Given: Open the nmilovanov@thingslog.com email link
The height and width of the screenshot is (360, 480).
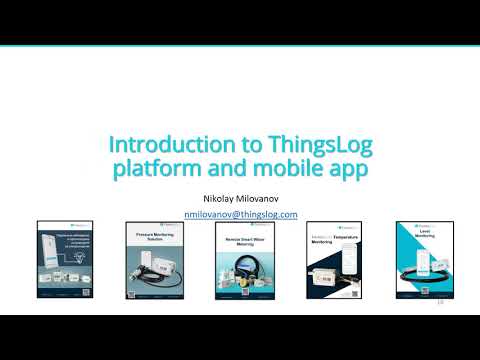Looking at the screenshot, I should [x=241, y=214].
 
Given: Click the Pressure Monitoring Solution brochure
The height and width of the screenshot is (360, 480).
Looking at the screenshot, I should [x=150, y=262].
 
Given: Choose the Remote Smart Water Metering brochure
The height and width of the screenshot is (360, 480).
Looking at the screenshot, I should [x=241, y=262].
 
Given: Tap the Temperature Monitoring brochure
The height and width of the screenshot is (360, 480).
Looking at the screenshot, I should [x=330, y=262].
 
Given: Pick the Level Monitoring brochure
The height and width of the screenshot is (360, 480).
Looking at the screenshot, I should [x=421, y=262].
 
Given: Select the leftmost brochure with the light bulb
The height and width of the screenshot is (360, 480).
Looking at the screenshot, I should [x=62, y=262].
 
